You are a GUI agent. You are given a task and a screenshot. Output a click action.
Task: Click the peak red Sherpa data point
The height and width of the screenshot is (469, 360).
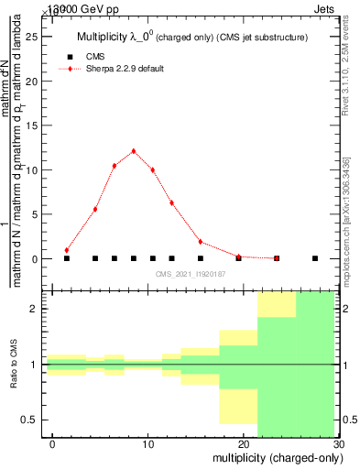click(x=134, y=151)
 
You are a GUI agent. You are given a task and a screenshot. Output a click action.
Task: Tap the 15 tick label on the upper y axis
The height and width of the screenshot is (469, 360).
click(x=36, y=125)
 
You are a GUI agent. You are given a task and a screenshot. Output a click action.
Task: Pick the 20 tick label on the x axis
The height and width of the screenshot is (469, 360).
click(x=244, y=444)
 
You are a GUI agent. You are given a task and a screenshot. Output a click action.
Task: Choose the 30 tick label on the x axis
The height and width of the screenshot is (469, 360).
click(x=338, y=444)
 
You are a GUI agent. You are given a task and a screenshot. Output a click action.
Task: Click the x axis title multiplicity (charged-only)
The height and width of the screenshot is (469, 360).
click(x=274, y=458)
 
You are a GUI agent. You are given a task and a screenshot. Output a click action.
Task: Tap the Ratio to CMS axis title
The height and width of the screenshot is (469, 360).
click(x=15, y=364)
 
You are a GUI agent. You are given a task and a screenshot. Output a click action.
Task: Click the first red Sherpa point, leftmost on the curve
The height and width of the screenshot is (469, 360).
click(x=67, y=250)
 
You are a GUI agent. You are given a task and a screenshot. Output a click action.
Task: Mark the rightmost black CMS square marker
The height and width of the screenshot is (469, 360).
click(x=315, y=258)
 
